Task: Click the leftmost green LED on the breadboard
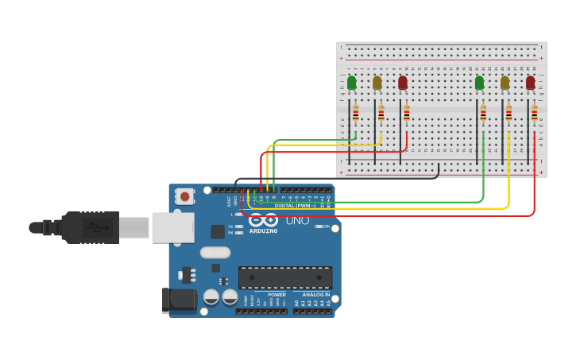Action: pyautogui.click(x=352, y=83)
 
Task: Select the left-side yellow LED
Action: pyautogui.click(x=377, y=83)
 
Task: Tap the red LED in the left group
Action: pyautogui.click(x=403, y=83)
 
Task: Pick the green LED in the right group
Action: pyautogui.click(x=479, y=83)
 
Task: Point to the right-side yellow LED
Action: pyautogui.click(x=504, y=83)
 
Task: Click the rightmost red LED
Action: pyautogui.click(x=530, y=83)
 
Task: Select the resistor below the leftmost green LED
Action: pyautogui.click(x=356, y=114)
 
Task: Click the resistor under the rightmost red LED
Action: pyautogui.click(x=534, y=114)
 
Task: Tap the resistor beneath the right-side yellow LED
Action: pyautogui.click(x=508, y=114)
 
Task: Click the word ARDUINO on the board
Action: pyautogui.click(x=264, y=231)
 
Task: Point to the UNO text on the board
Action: pyautogui.click(x=297, y=220)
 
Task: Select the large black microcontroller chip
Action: pyautogui.click(x=285, y=277)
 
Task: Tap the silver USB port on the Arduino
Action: pyautogui.click(x=172, y=227)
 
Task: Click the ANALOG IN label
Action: pyautogui.click(x=315, y=295)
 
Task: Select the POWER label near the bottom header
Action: pyautogui.click(x=276, y=295)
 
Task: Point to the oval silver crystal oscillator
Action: pyautogui.click(x=215, y=253)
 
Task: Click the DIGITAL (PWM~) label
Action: pyautogui.click(x=295, y=206)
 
